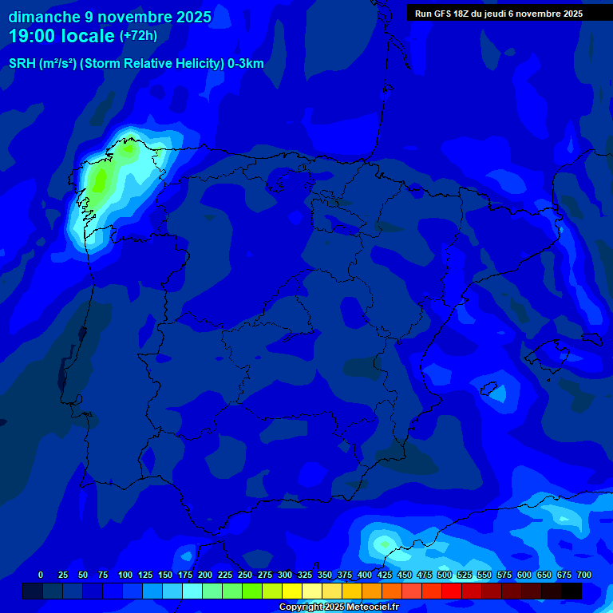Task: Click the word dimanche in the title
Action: (43, 17)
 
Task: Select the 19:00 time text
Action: (33, 36)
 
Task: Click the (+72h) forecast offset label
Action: (138, 36)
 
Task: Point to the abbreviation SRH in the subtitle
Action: (22, 64)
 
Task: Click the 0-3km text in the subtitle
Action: (246, 64)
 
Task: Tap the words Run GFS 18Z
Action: (442, 14)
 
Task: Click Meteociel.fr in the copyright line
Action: (370, 607)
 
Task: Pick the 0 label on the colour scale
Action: (41, 575)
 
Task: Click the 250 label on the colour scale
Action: (245, 575)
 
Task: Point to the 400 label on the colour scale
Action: (365, 575)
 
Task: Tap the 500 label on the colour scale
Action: (445, 575)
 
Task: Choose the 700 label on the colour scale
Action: (584, 575)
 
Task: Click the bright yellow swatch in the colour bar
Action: (292, 591)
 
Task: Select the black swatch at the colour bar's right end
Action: (571, 591)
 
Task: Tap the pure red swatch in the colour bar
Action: (452, 591)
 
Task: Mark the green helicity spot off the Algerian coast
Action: (385, 544)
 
